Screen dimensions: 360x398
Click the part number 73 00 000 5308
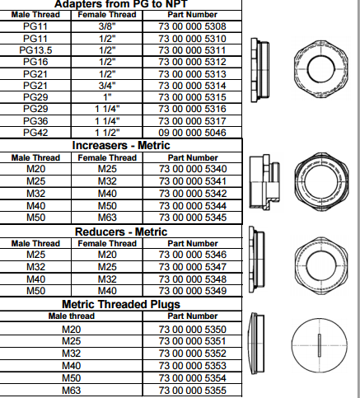click(x=192, y=26)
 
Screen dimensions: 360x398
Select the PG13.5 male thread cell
click(x=35, y=50)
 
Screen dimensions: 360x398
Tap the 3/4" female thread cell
click(x=107, y=86)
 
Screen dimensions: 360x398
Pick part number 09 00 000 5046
click(x=192, y=133)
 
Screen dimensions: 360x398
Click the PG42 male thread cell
click(x=35, y=133)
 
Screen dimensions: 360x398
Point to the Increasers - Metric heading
click(x=121, y=145)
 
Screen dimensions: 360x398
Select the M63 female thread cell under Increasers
click(x=107, y=218)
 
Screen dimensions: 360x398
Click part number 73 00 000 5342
click(x=193, y=194)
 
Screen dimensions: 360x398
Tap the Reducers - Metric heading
click(x=121, y=232)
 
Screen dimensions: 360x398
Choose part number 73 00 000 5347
click(x=193, y=267)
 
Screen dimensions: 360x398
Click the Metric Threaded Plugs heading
click(x=121, y=304)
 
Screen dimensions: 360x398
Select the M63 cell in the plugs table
click(x=72, y=391)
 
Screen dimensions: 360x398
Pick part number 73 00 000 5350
click(x=193, y=330)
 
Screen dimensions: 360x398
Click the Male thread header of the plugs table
click(x=72, y=316)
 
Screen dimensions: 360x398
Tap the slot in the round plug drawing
click(x=320, y=345)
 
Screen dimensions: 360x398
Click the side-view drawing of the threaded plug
click(x=256, y=344)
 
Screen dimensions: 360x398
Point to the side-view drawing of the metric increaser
click(x=264, y=182)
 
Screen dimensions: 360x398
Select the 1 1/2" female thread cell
click(x=107, y=133)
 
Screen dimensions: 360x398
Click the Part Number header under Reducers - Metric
click(x=193, y=244)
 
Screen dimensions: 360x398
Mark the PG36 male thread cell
click(x=35, y=121)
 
